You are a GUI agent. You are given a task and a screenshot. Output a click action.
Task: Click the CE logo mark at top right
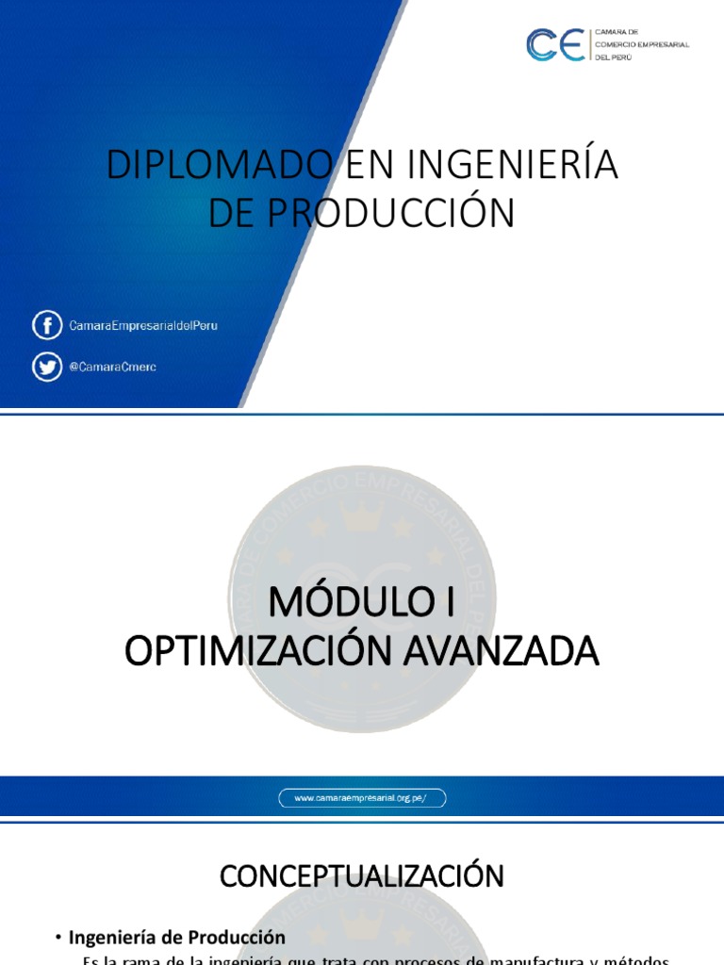pos(556,44)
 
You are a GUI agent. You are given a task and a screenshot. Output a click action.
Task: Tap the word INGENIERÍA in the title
pos(513,165)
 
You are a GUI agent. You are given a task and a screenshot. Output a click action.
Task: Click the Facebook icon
pos(46,326)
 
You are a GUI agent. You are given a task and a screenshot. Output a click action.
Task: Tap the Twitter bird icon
pos(46,367)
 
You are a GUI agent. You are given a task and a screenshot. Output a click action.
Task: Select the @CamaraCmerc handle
pos(112,368)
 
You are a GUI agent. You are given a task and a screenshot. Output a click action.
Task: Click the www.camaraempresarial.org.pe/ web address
pos(362,798)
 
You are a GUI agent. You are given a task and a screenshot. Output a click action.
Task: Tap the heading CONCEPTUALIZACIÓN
pos(362,876)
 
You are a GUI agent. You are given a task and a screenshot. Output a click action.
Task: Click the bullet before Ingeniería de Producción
pos(58,938)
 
